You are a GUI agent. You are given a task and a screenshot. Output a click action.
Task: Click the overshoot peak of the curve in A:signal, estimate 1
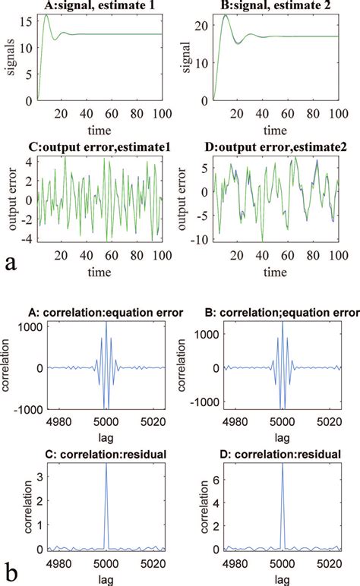pyautogui.click(x=46, y=15)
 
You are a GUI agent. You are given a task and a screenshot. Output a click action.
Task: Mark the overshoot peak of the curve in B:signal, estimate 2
pyautogui.click(x=223, y=15)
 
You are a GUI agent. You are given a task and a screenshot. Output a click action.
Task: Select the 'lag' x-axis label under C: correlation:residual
pyautogui.click(x=106, y=578)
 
